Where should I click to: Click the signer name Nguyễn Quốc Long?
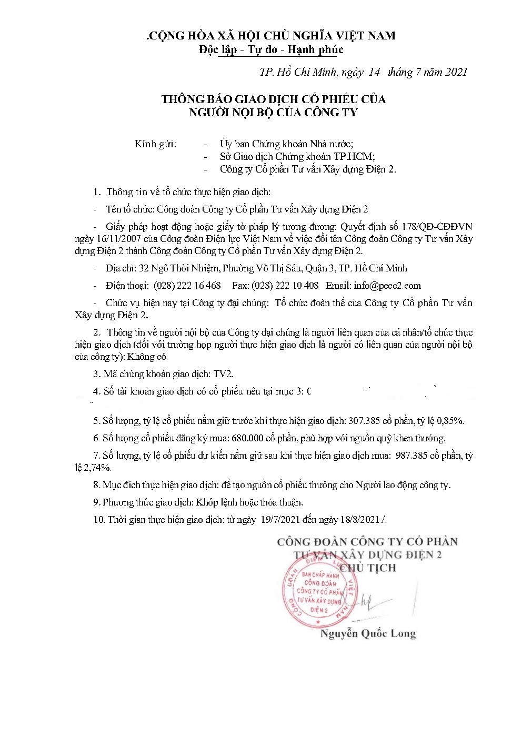point(368,634)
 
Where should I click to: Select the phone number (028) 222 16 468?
point(187,286)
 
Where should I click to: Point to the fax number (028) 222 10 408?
point(285,286)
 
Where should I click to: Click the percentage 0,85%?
point(451,421)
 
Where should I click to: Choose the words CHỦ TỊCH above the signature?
point(367,568)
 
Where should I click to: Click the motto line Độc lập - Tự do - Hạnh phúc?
point(271,49)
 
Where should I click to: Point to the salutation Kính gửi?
point(156,144)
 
